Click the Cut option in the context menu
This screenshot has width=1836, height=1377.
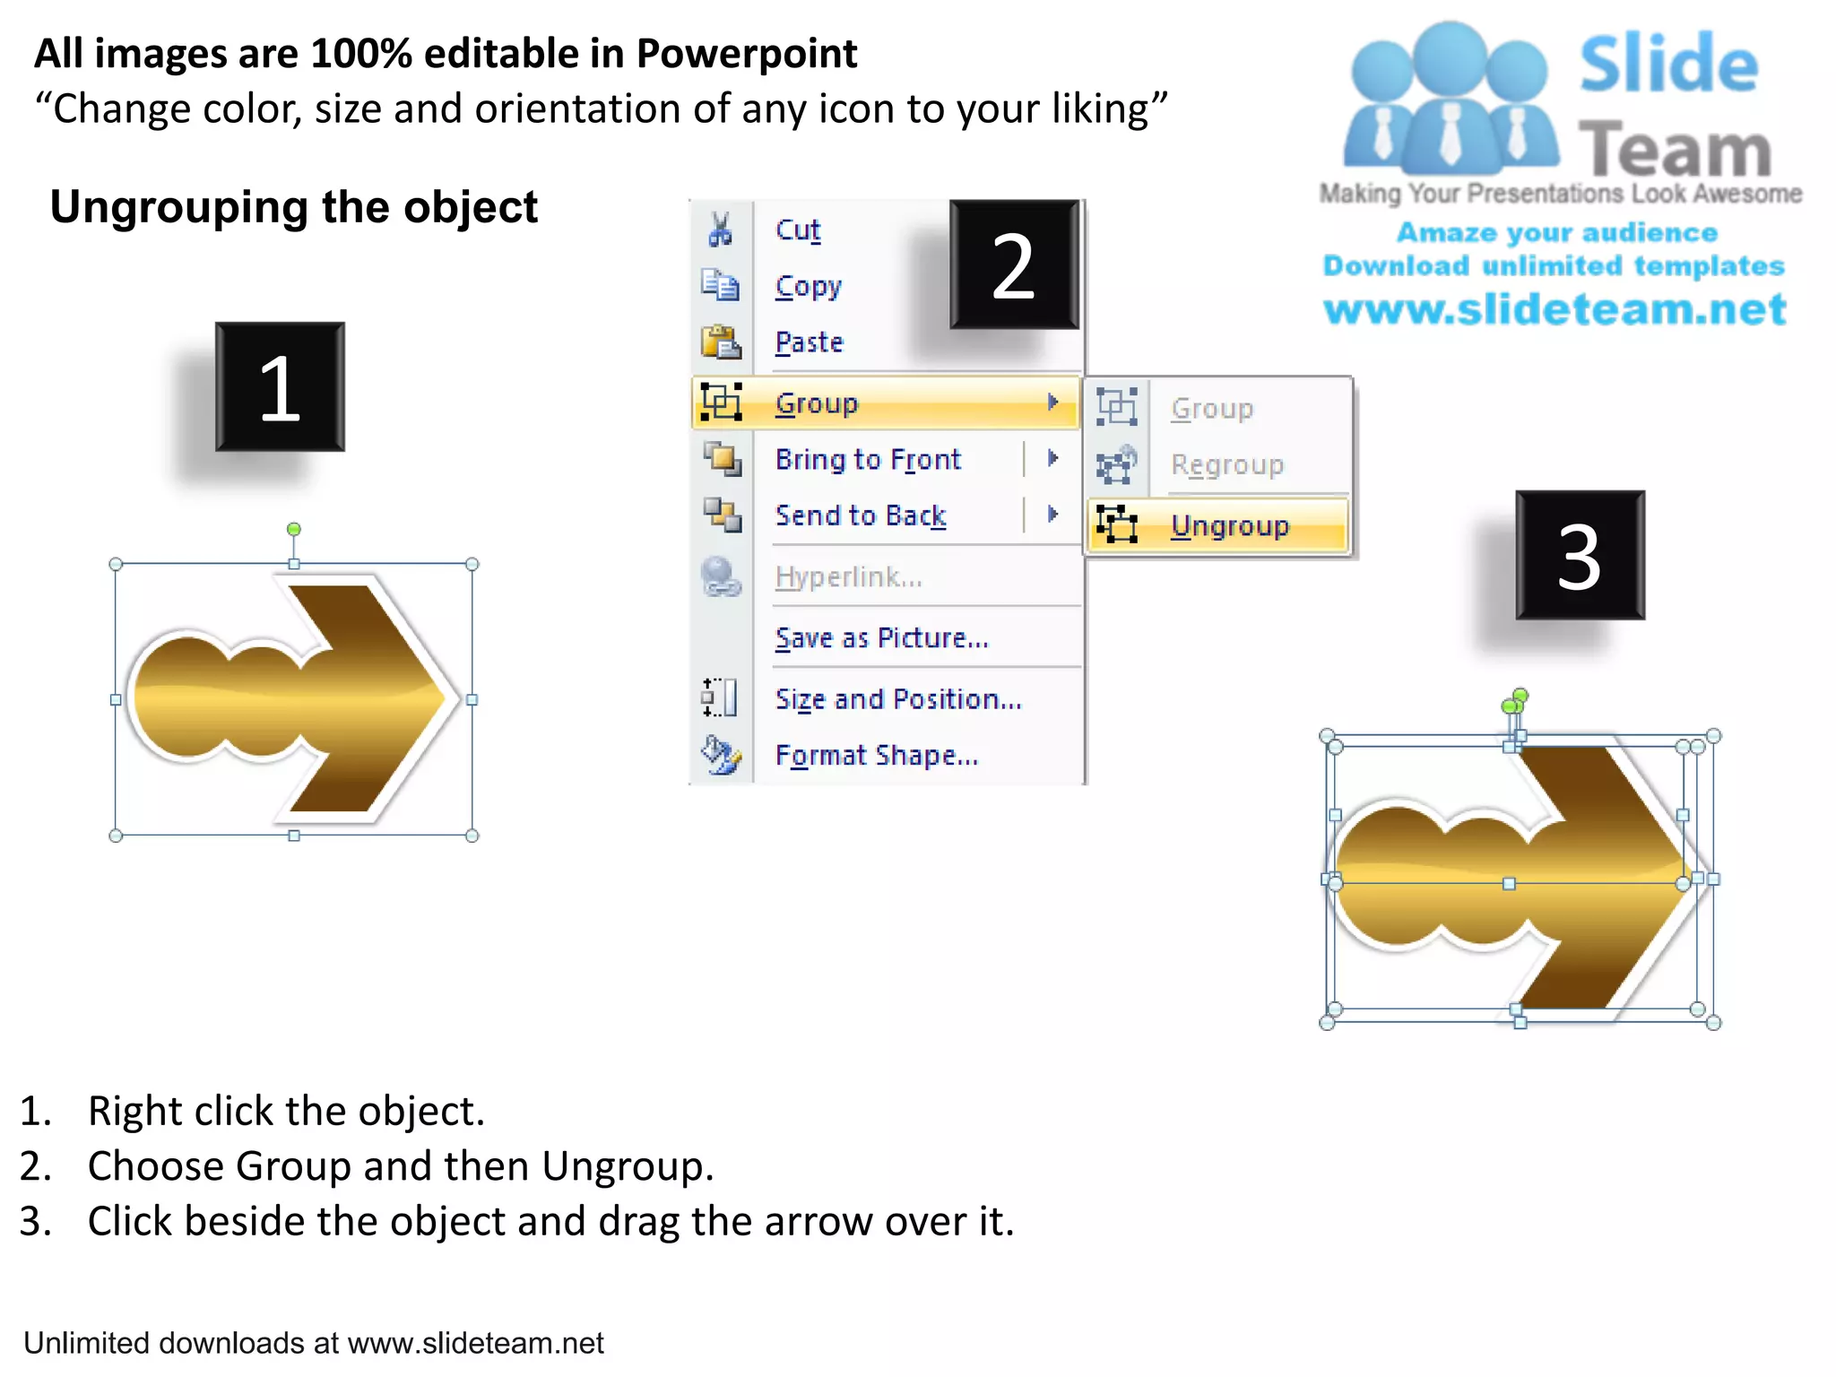pyautogui.click(x=798, y=230)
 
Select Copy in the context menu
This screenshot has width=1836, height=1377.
pyautogui.click(x=808, y=287)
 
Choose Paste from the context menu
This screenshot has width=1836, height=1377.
pyautogui.click(x=809, y=342)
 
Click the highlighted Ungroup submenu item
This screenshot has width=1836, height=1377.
pyautogui.click(x=1229, y=525)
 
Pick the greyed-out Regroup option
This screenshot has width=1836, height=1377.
pyautogui.click(x=1226, y=465)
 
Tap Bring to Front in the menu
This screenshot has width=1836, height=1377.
pyautogui.click(x=868, y=460)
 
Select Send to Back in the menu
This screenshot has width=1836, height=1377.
pyautogui.click(x=861, y=515)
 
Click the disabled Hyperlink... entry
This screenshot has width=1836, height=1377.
pyautogui.click(x=848, y=577)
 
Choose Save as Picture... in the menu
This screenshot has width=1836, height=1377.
pyautogui.click(x=881, y=638)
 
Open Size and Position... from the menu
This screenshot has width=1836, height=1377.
pyautogui.click(x=898, y=699)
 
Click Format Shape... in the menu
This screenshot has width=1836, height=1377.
pyautogui.click(x=876, y=756)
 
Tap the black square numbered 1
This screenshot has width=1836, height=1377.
pyautogui.click(x=280, y=387)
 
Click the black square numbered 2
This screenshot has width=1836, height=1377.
pyautogui.click(x=1014, y=265)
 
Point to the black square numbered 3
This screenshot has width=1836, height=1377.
pyautogui.click(x=1580, y=556)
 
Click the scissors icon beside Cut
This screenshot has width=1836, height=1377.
pyautogui.click(x=720, y=229)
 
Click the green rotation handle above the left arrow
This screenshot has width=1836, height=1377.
pyautogui.click(x=293, y=530)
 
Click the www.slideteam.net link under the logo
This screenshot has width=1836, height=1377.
pyautogui.click(x=1555, y=309)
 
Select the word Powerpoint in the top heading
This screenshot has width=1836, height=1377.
pyautogui.click(x=746, y=54)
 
